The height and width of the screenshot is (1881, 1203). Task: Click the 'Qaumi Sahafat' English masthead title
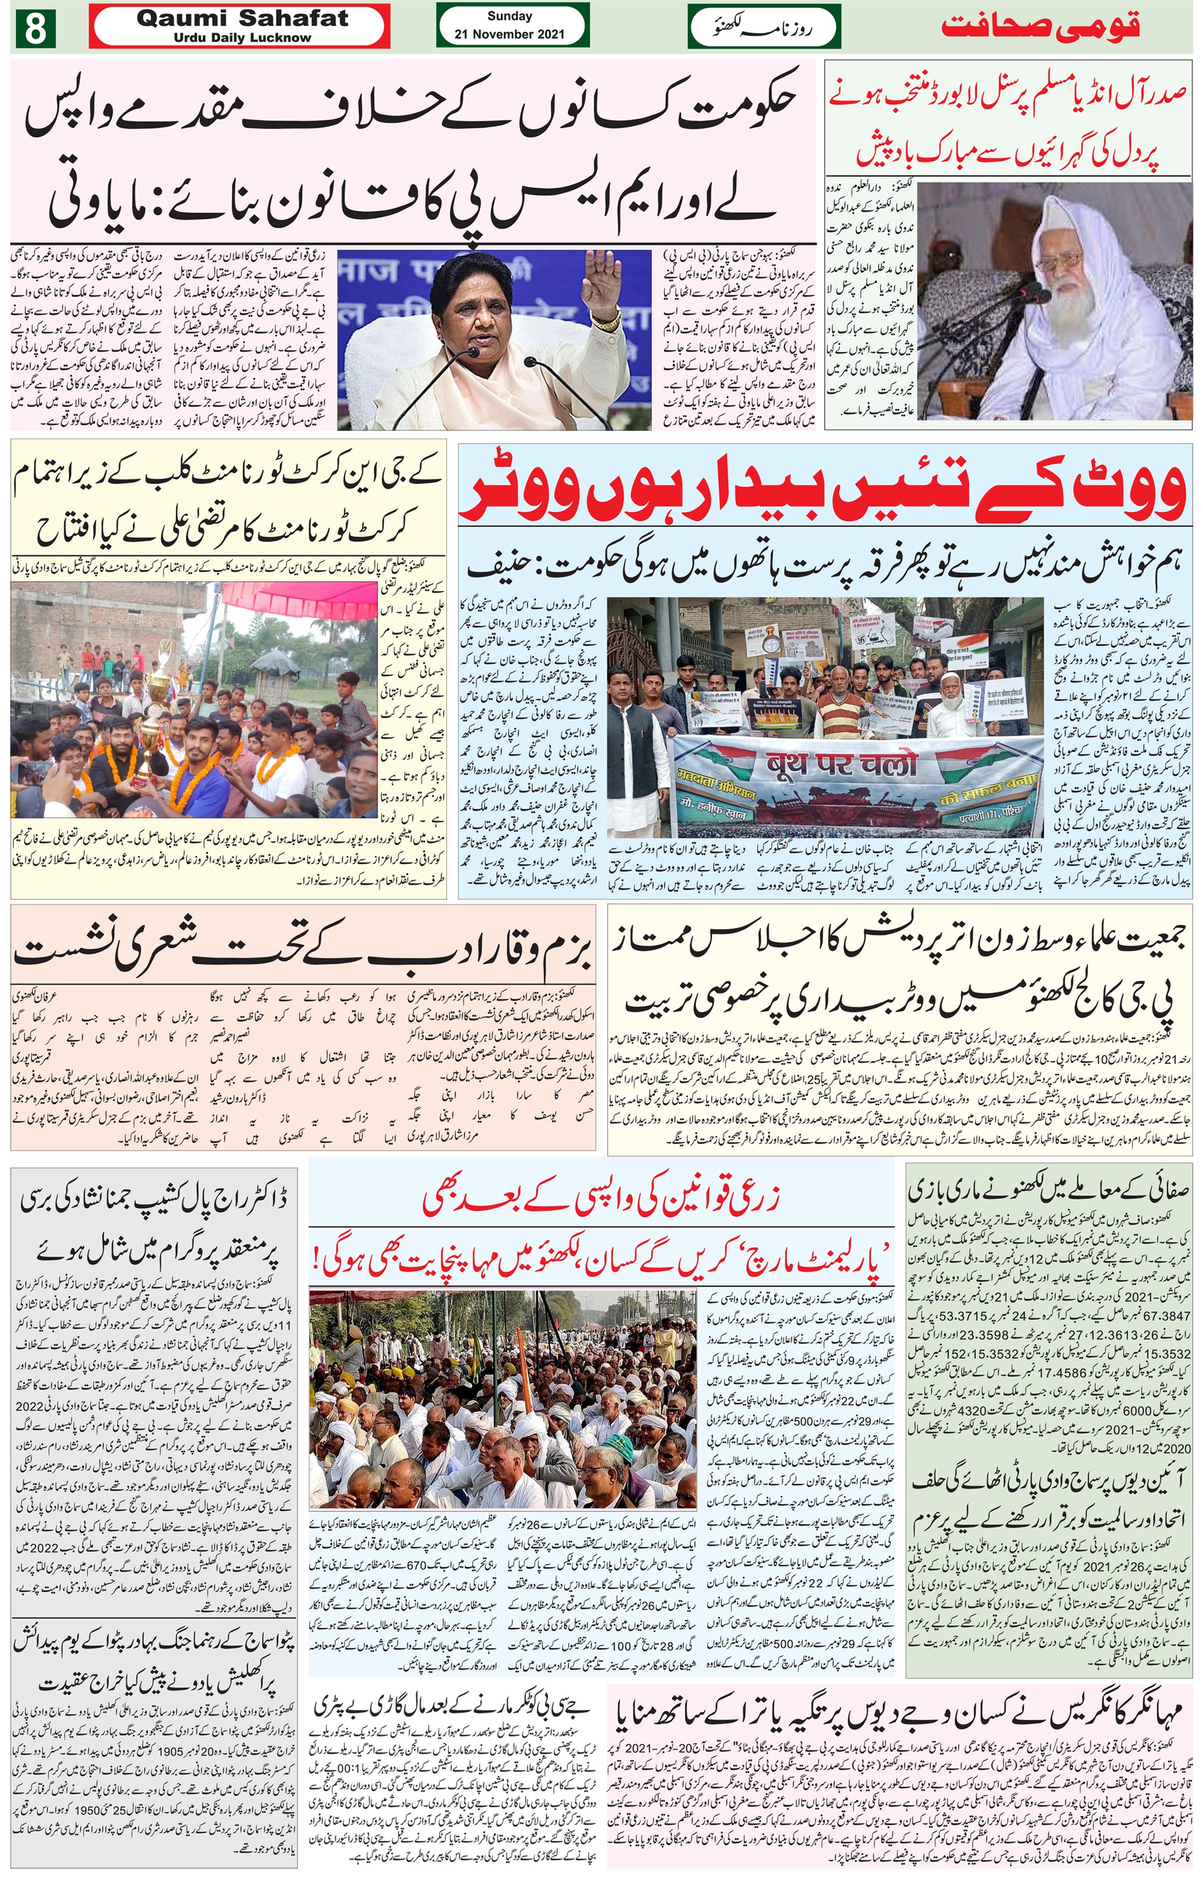point(242,19)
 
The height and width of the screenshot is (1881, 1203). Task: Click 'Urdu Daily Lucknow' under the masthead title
point(242,37)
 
